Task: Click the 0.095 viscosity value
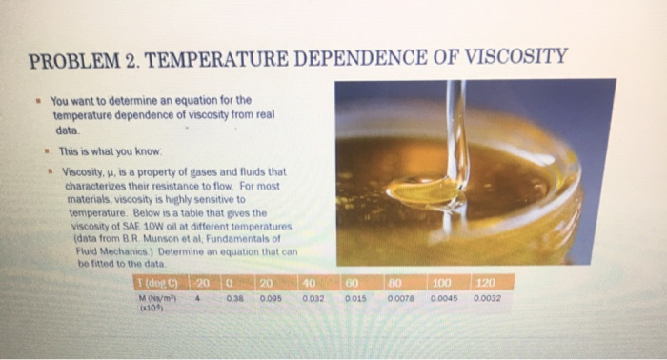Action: [269, 296]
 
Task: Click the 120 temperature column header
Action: [487, 282]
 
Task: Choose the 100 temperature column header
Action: [441, 282]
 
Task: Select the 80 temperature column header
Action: [395, 282]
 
